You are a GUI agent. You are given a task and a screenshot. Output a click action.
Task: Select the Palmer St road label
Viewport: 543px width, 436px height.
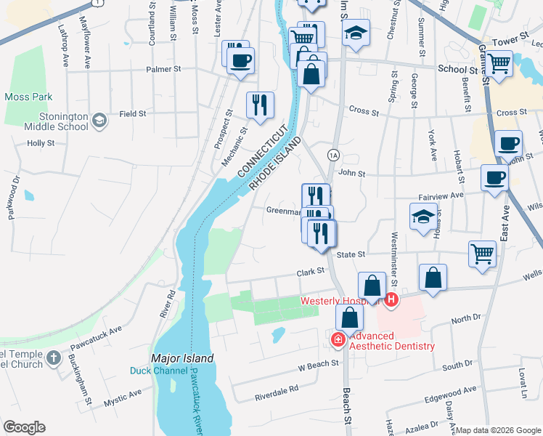163,70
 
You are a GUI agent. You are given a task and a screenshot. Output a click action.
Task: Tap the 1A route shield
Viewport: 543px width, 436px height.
333,155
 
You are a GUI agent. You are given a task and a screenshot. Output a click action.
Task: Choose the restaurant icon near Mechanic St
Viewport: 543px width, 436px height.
259,106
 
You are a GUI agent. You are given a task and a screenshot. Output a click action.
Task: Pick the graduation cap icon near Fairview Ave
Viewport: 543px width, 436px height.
423,216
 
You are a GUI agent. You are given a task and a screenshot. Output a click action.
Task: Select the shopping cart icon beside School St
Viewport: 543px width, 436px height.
499,64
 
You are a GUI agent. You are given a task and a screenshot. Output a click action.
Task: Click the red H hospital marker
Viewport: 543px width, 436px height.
391,299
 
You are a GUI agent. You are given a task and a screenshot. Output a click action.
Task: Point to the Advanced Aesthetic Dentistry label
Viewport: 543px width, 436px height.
393,341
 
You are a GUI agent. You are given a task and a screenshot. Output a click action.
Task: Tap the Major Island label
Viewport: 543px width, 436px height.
182,358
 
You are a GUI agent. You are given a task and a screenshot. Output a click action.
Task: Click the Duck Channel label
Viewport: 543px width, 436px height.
158,371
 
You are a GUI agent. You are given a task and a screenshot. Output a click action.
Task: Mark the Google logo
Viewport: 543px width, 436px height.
24,427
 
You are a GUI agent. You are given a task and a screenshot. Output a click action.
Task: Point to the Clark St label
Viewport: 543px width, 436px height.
309,273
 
